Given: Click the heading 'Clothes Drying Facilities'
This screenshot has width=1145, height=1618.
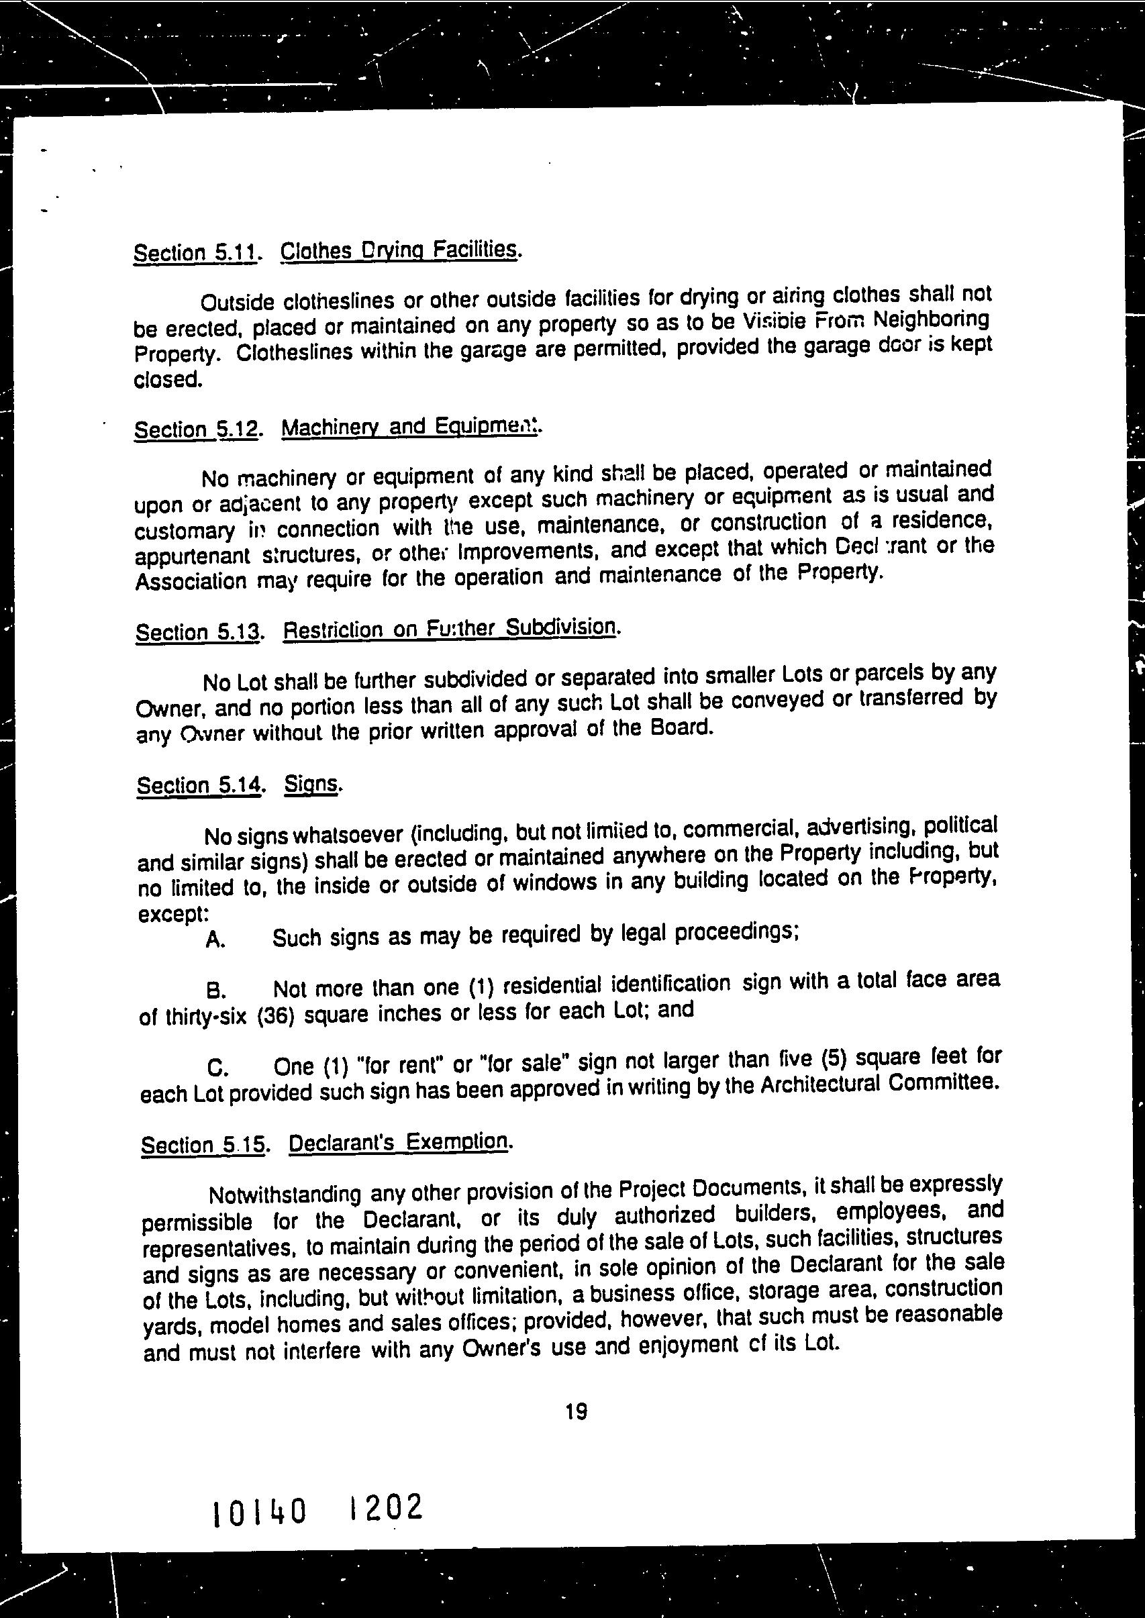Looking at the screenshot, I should [400, 251].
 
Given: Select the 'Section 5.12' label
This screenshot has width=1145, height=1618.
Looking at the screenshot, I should [196, 429].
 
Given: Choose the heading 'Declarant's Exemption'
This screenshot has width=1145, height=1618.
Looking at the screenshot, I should [399, 1143].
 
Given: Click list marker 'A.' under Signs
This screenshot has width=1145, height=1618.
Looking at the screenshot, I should [215, 940].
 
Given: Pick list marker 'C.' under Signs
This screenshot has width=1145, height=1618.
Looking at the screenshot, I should [218, 1069].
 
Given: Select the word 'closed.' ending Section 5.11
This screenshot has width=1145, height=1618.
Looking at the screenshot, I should [168, 379].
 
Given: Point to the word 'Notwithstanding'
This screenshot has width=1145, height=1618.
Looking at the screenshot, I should [285, 1195].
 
